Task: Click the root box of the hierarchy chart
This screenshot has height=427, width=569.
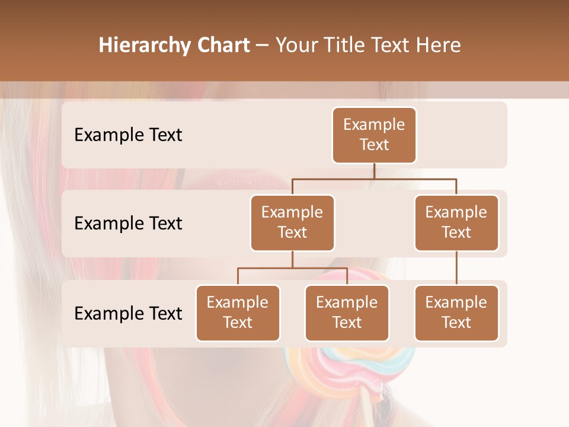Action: click(x=374, y=135)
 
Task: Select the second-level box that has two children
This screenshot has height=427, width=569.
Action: click(x=292, y=222)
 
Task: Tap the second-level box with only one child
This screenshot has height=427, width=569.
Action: click(x=456, y=222)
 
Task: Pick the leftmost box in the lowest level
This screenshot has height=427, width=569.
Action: click(x=238, y=313)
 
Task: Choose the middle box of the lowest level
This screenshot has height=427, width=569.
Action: click(x=347, y=313)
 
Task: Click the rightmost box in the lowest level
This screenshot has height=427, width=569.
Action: click(x=456, y=313)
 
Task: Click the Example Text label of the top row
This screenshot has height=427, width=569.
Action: click(x=128, y=135)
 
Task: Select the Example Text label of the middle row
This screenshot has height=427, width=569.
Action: click(x=128, y=223)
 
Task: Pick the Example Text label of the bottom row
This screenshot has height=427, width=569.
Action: click(x=128, y=313)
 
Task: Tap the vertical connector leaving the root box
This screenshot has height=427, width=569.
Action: click(x=374, y=171)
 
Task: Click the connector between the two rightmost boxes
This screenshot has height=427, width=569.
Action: click(x=456, y=267)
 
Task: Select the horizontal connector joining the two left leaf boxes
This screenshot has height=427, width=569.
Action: click(x=292, y=268)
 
